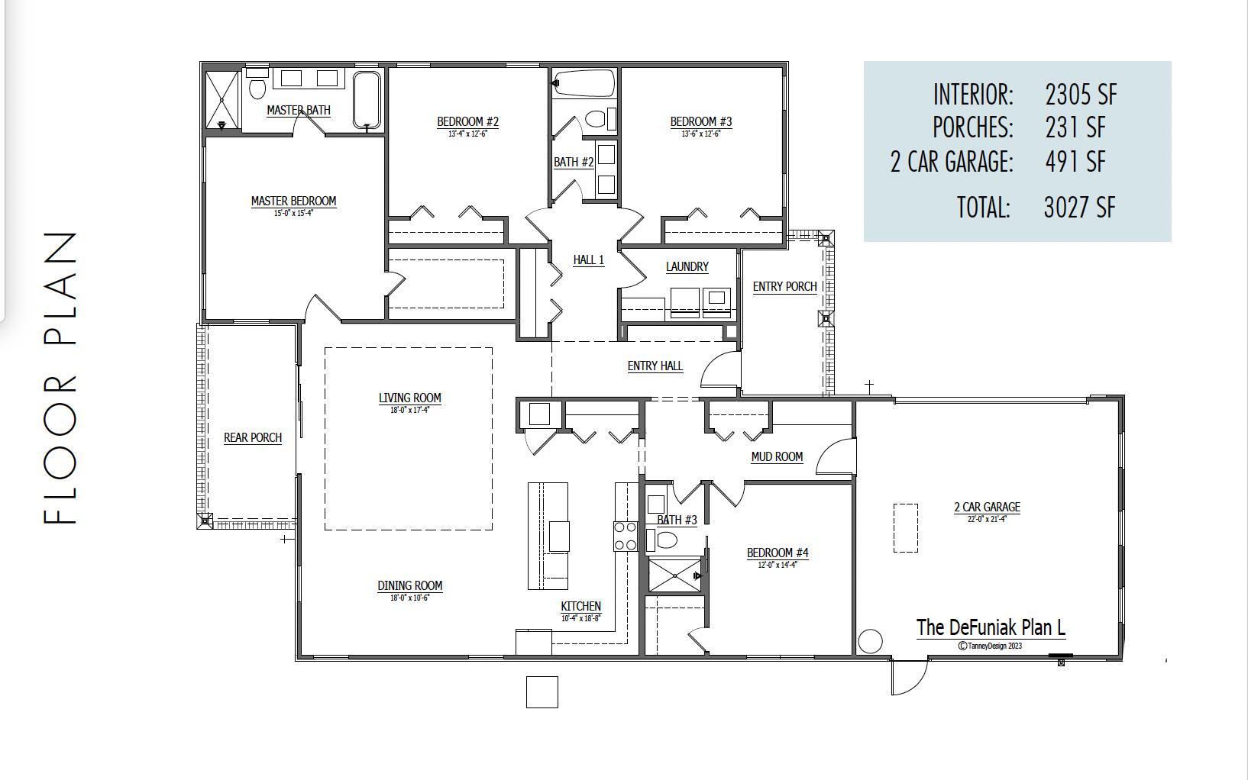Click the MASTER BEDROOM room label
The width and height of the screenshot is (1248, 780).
tap(293, 201)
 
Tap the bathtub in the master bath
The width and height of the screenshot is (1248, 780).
tap(367, 99)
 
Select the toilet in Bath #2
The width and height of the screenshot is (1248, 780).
tap(594, 119)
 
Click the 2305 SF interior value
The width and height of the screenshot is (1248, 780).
tap(1080, 95)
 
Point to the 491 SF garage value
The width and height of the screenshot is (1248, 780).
tap(1075, 161)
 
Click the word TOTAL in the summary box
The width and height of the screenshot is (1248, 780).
tap(983, 207)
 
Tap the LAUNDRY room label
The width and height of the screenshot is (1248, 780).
tap(687, 266)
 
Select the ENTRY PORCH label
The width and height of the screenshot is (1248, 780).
tap(784, 286)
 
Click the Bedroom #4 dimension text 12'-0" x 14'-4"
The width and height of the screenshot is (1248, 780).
tap(778, 566)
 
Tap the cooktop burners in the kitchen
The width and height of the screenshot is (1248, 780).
tap(626, 535)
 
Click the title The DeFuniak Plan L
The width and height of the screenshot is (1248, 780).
tap(991, 627)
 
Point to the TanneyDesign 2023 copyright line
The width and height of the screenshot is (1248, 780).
tap(990, 646)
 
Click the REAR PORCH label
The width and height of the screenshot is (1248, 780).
tap(253, 437)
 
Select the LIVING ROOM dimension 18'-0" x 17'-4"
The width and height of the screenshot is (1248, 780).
tap(409, 410)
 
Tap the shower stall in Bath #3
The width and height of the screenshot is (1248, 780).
tap(674, 575)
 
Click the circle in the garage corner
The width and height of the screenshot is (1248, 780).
tap(870, 641)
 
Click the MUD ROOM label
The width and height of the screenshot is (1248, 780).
tap(777, 456)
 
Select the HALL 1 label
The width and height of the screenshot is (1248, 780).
tap(588, 259)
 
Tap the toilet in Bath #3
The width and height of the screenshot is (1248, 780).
tap(665, 540)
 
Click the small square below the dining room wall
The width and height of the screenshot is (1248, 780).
tap(542, 691)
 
